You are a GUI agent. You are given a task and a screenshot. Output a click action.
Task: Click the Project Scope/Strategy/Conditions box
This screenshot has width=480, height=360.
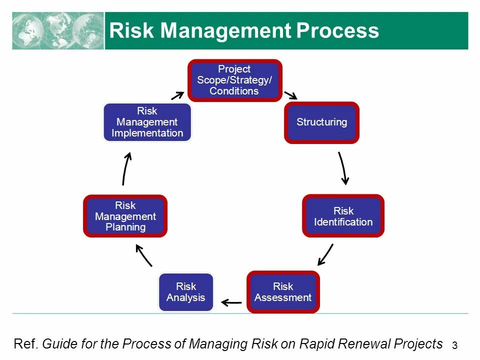(x=234, y=80)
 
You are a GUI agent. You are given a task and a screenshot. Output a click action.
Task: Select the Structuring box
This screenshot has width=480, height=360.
(x=321, y=122)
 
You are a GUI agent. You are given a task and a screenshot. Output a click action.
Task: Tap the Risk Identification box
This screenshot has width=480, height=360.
(x=343, y=216)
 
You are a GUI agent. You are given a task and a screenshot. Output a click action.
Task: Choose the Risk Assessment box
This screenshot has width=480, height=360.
(x=283, y=292)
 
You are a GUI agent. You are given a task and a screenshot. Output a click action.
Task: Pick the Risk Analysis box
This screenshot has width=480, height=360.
(x=186, y=292)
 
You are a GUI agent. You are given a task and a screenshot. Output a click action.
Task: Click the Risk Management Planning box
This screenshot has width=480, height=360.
(x=125, y=216)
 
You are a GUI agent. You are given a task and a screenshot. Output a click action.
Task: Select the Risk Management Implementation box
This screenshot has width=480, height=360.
(x=147, y=122)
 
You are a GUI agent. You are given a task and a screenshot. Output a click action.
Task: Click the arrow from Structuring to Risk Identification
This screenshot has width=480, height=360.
(x=343, y=168)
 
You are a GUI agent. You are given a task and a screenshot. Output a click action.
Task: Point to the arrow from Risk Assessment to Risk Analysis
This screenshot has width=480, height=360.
(x=231, y=302)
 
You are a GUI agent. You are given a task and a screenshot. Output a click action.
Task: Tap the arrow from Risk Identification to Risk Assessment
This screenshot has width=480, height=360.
(x=325, y=254)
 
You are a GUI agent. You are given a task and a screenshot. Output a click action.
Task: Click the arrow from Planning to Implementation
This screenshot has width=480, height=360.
(x=125, y=168)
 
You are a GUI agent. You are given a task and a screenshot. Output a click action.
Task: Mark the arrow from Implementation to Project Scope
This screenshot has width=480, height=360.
(x=177, y=95)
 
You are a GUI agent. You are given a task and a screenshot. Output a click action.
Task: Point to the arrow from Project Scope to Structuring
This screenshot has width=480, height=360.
(x=290, y=95)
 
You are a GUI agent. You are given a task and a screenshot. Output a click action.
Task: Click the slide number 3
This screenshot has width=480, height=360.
(x=454, y=345)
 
